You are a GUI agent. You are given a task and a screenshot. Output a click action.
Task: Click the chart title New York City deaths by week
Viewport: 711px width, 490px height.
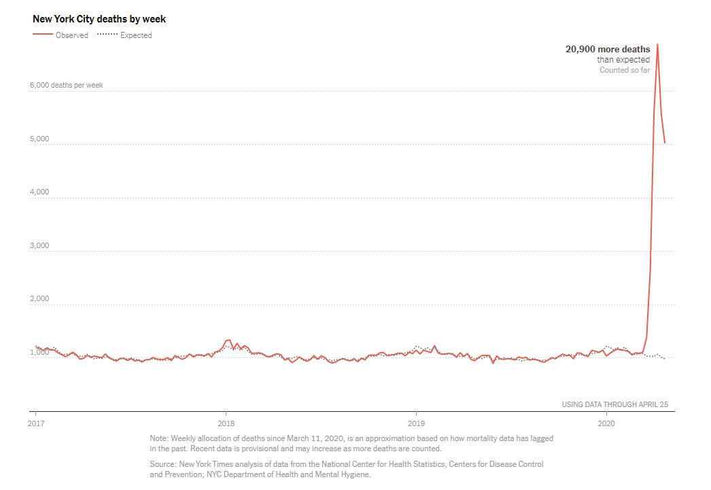[x=99, y=19]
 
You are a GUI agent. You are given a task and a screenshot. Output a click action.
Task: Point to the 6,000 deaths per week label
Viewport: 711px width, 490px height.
[x=66, y=86]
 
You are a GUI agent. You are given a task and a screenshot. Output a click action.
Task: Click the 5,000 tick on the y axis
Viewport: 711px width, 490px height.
[x=40, y=139]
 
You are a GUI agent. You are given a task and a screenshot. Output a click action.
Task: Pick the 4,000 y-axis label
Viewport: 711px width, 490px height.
[x=40, y=192]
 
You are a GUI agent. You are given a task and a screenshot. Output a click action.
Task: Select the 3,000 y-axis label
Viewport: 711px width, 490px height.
[x=40, y=246]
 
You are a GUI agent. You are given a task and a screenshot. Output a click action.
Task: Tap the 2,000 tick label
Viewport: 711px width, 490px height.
[x=40, y=299]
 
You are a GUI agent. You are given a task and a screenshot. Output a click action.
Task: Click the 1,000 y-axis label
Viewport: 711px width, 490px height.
[x=40, y=352]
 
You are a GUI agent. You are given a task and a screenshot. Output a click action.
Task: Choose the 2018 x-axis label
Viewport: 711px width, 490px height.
[x=226, y=423]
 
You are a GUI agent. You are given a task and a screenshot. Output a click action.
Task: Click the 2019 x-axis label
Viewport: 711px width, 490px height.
[x=415, y=423]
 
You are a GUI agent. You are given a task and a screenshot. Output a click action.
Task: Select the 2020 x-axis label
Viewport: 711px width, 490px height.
[x=606, y=423]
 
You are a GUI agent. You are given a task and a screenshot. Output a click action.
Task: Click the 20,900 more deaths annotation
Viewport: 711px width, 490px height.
[x=608, y=49]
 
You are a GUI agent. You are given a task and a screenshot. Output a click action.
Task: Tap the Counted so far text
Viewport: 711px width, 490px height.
[x=624, y=70]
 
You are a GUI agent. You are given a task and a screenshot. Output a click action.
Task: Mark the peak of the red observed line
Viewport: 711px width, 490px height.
[x=657, y=44]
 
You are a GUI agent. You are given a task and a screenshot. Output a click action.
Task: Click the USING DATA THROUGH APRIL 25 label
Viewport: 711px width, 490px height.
[x=614, y=405]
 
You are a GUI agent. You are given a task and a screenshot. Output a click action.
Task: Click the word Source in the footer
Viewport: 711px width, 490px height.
[x=162, y=463]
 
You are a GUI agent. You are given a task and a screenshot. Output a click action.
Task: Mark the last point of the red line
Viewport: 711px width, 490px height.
[x=665, y=143]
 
